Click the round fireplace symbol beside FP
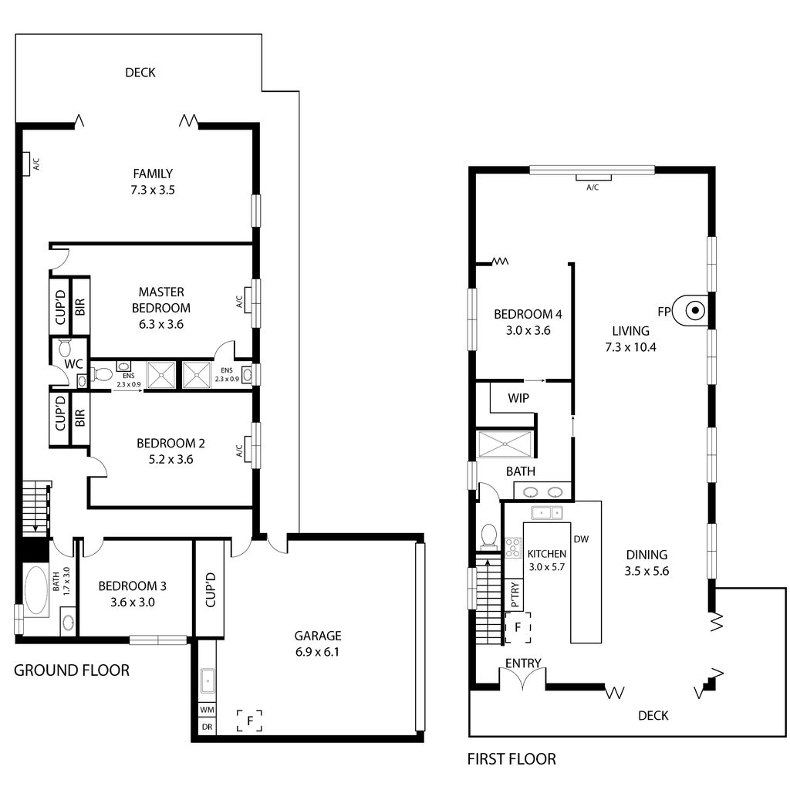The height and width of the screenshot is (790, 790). coord(694,311)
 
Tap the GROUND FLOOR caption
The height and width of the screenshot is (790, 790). coord(72,670)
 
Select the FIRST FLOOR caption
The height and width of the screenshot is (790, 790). coord(511,759)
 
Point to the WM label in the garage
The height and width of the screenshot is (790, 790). coord(207,709)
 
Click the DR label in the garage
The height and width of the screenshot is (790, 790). coord(207,727)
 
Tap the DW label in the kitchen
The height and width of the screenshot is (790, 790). coord(581,540)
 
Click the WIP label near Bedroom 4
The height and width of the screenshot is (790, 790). coord(518,399)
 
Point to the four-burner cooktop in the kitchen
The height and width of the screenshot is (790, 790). coord(514,548)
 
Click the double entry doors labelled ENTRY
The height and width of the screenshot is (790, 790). coord(523,679)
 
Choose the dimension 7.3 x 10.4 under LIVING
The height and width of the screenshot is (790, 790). coord(630,346)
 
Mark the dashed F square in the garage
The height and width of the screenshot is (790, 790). coord(249,721)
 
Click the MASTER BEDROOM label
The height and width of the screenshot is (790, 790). coord(161,299)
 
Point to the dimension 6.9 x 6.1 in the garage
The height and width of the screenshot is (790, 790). coord(317,652)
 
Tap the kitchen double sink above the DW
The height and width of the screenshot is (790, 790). coord(547,512)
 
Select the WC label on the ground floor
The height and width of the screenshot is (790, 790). coord(74,363)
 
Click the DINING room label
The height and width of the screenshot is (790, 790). coord(647,554)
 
